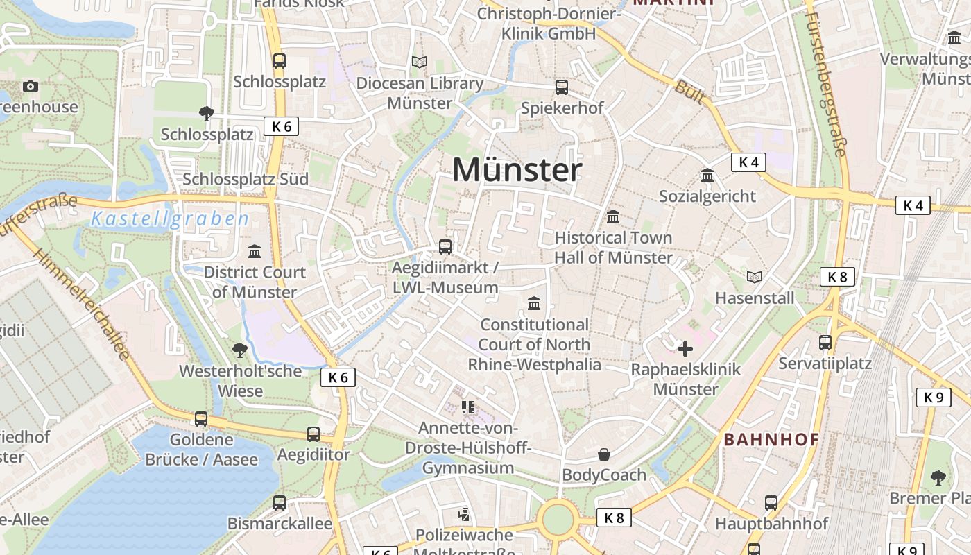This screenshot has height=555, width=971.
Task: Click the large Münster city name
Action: tap(517, 170)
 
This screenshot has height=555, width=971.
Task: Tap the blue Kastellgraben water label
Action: tap(170, 220)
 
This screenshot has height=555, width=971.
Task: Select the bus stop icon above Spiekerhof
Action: tap(562, 87)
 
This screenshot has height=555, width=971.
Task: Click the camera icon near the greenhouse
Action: tap(30, 86)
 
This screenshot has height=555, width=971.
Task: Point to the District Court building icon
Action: tap(255, 251)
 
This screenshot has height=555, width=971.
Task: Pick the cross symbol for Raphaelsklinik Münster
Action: tap(685, 348)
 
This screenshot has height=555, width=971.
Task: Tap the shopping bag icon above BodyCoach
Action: tap(604, 454)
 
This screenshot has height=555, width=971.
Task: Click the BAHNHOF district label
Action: tap(771, 439)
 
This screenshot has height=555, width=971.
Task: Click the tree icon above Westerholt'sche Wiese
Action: tap(240, 350)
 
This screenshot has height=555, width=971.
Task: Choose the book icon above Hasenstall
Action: tap(755, 277)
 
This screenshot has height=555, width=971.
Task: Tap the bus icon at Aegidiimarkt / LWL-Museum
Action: tap(445, 246)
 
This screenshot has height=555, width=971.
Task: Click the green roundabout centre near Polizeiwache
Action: tap(558, 519)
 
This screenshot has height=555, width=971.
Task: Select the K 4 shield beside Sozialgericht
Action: tap(748, 162)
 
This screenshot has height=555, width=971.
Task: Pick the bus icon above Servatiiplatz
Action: tap(825, 342)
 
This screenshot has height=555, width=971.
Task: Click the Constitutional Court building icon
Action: tap(534, 303)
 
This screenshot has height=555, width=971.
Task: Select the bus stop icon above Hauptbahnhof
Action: tap(771, 502)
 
